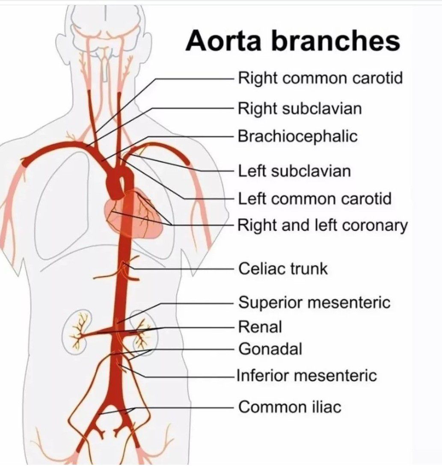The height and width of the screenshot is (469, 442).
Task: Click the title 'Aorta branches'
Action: click(293, 41)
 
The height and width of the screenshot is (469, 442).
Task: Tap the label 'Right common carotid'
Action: click(320, 79)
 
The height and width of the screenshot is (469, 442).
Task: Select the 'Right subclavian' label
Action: click(300, 108)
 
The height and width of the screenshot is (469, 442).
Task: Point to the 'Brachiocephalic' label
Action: click(297, 137)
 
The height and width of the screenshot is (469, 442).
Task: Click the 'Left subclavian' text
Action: click(294, 171)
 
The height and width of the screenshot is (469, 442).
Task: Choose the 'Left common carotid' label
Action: click(314, 199)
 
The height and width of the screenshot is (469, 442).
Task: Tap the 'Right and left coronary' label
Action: click(323, 225)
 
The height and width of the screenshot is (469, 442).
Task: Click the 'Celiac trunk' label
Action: click(283, 269)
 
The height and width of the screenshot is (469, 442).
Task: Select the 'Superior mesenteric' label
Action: click(314, 303)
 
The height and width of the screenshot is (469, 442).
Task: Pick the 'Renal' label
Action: click(260, 327)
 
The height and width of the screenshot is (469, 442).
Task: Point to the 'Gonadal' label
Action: click(270, 349)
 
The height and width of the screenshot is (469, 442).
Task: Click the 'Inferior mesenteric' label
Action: click(306, 376)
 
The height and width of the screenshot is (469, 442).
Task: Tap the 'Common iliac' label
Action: click(290, 407)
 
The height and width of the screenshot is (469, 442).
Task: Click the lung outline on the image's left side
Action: click(64, 205)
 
